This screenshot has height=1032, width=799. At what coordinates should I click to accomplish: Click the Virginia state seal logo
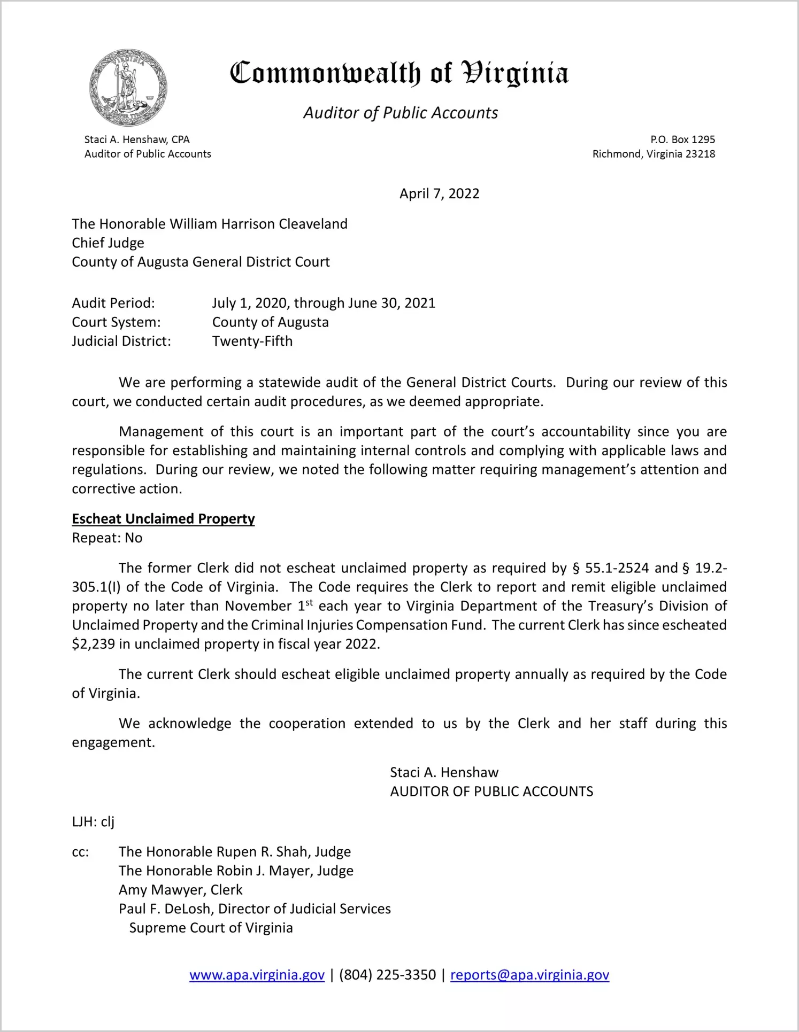128,88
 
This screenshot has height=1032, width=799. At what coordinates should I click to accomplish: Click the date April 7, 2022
439,193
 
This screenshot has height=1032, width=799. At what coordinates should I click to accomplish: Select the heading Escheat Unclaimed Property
163,519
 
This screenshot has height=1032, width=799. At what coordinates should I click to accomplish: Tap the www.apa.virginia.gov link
257,975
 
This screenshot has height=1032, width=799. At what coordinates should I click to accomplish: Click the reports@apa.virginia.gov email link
529,975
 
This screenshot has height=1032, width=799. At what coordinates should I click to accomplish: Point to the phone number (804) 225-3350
387,975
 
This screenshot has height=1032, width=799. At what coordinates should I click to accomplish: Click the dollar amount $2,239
93,644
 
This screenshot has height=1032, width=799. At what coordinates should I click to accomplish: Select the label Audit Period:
113,303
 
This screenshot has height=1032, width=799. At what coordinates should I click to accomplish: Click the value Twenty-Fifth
252,341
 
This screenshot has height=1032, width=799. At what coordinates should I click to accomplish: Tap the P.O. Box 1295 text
682,139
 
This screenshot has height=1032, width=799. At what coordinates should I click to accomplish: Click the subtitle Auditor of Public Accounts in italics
401,113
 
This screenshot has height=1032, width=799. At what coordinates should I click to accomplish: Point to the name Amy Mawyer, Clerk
180,890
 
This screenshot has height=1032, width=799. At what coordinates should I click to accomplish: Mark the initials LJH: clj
93,821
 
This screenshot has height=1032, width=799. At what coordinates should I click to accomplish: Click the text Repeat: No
107,538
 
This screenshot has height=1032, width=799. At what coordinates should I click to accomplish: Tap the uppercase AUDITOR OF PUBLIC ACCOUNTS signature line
491,792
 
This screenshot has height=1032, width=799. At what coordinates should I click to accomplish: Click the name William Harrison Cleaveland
258,224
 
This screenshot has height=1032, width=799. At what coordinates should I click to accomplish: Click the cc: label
80,852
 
